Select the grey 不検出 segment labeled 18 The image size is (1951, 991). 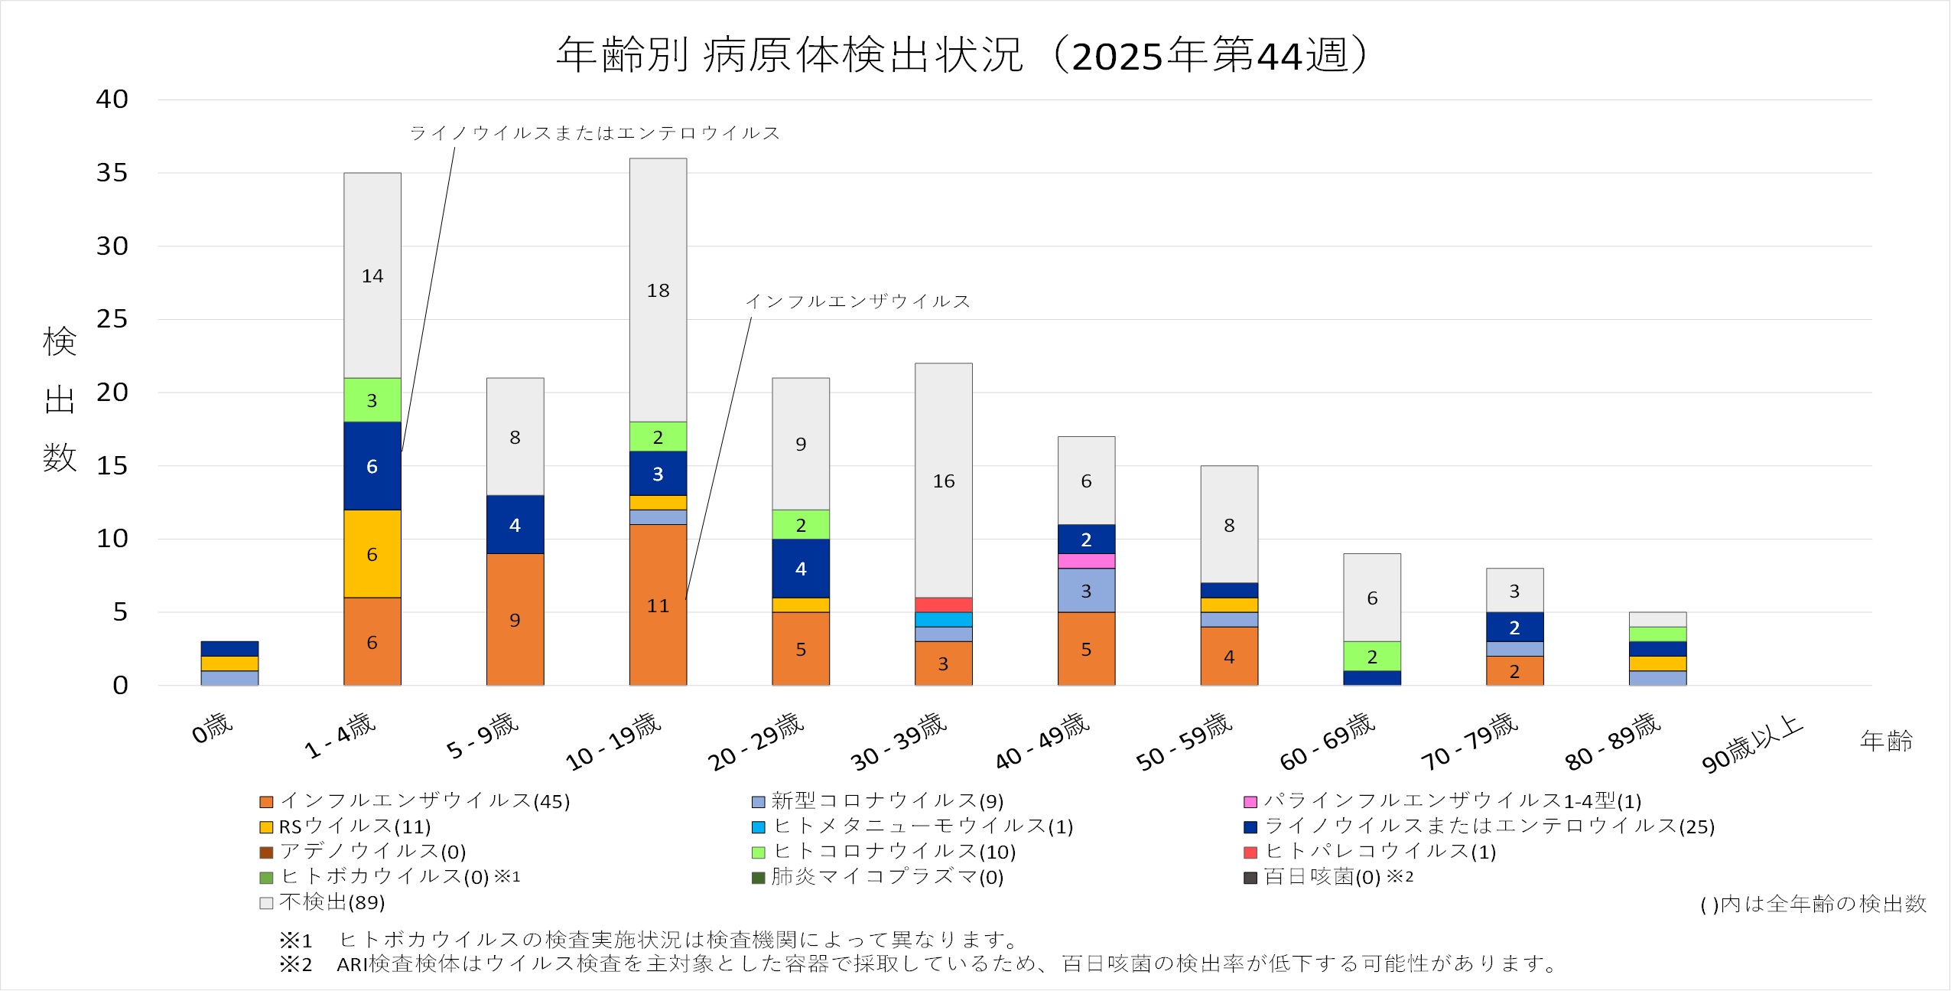pos(658,290)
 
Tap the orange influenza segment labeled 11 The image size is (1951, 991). pos(658,605)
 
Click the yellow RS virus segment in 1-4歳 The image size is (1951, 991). pos(372,553)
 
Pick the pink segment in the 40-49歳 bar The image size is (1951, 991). pos(1086,561)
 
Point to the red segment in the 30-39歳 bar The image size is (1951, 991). pos(943,605)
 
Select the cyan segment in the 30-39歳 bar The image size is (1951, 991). pos(943,619)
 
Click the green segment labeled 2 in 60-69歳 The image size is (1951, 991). pos(1372,656)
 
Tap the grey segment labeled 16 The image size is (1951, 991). pos(943,481)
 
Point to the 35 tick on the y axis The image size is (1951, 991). pos(112,173)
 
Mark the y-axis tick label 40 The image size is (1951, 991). pos(112,99)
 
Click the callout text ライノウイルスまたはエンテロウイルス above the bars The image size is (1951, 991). pos(594,133)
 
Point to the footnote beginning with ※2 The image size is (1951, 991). pos(918,963)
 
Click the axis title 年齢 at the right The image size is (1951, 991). pos(1886,741)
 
